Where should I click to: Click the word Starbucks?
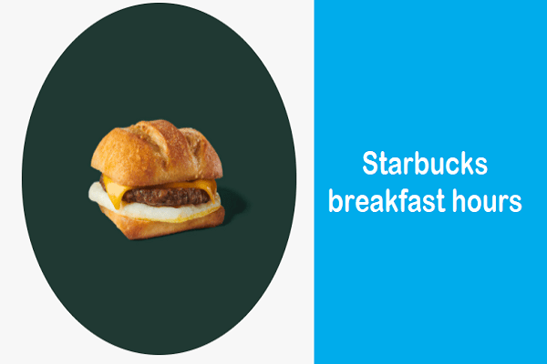pyautogui.click(x=425, y=164)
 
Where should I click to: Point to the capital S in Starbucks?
pyautogui.click(x=370, y=164)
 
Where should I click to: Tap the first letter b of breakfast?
pyautogui.click(x=336, y=200)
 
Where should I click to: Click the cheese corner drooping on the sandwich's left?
pyautogui.click(x=108, y=188)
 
